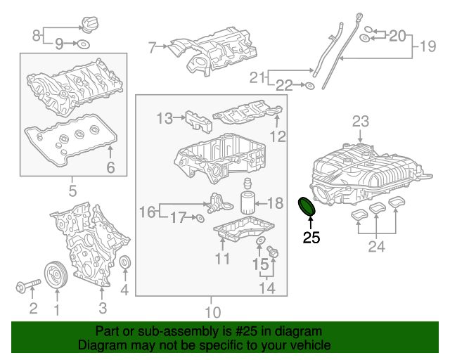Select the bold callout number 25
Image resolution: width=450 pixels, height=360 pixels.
point(311,238)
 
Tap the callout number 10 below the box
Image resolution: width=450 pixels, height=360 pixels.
point(212,311)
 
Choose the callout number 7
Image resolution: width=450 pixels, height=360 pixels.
point(152,47)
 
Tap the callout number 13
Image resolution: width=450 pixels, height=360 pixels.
point(164,119)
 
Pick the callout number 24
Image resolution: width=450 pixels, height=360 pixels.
point(377,246)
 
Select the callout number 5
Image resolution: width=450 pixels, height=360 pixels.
point(73,191)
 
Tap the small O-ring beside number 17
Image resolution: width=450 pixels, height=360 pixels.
point(200,219)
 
